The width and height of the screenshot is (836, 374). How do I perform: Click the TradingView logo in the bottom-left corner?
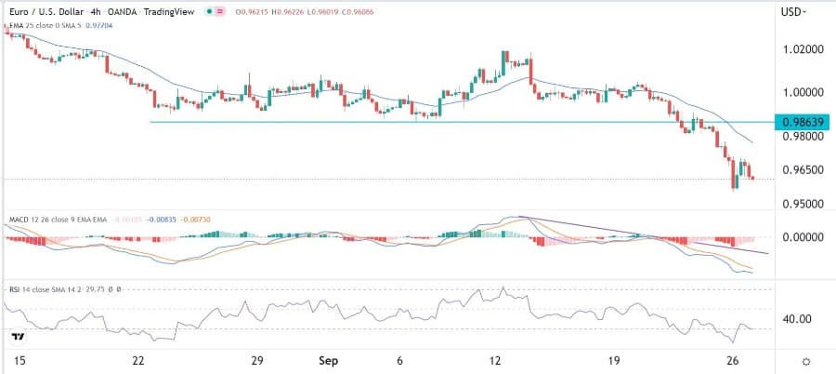tap(17, 336)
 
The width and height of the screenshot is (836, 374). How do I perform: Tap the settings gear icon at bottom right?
tap(806, 360)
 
